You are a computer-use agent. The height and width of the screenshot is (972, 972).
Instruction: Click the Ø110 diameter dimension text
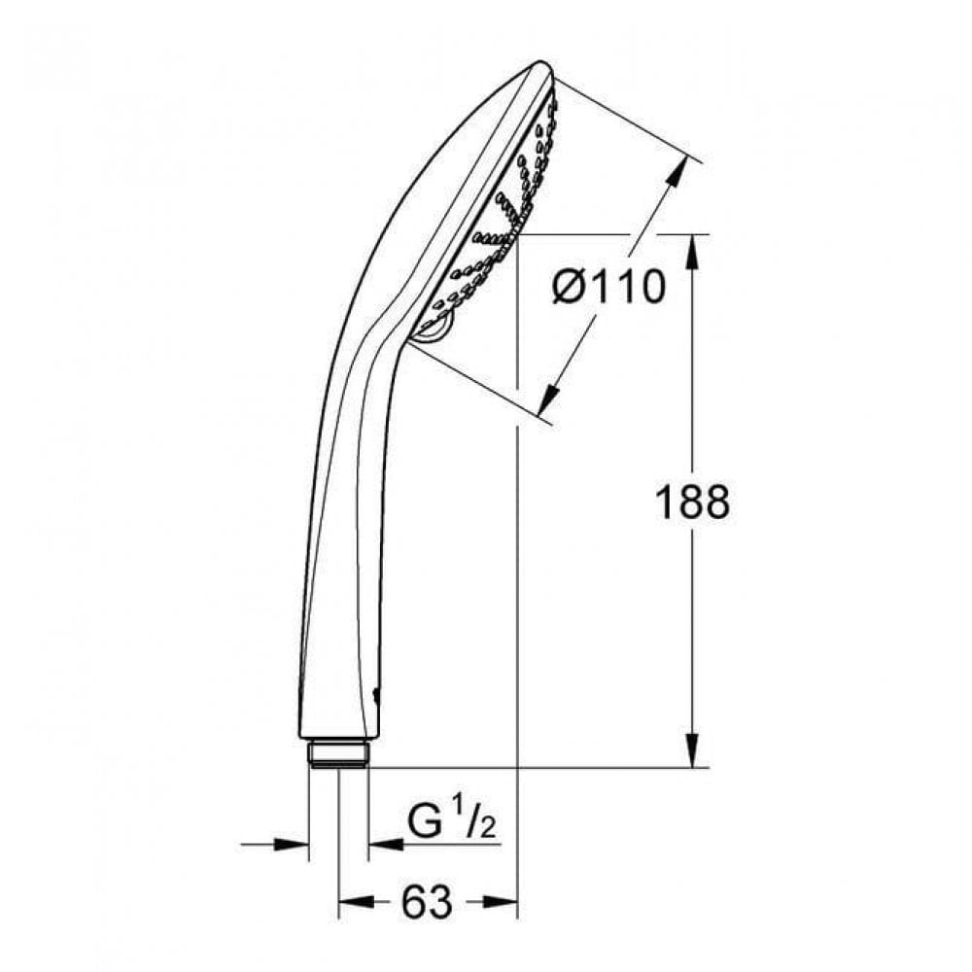pos(609,288)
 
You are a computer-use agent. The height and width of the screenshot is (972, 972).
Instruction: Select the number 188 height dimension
pos(691,503)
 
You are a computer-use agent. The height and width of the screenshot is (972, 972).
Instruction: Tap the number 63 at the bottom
pos(428,903)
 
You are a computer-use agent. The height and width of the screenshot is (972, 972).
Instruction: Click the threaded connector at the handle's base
pos(338,755)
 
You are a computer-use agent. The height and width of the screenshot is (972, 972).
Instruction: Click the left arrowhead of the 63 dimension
pos(350,904)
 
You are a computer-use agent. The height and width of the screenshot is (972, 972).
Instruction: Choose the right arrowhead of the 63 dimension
pos(503,904)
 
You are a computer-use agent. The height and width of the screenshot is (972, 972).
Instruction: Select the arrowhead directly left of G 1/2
pos(384,844)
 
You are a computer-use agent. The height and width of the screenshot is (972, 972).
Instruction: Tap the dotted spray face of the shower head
pos(496,214)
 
